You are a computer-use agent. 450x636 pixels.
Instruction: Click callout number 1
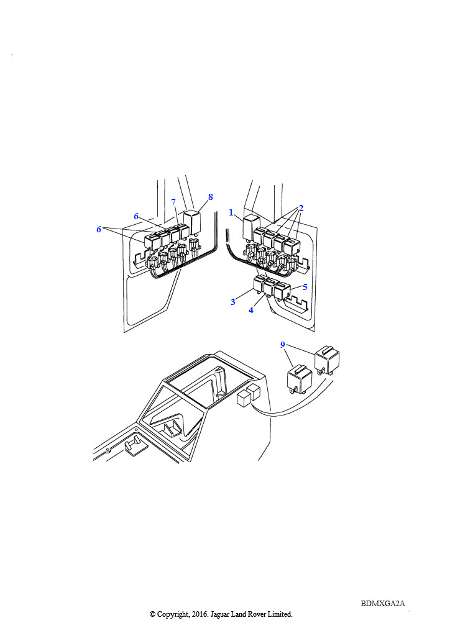(231, 212)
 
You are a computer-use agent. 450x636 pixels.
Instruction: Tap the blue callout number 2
(301, 208)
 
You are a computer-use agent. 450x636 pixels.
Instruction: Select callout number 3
(233, 302)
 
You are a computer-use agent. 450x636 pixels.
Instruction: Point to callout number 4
(251, 310)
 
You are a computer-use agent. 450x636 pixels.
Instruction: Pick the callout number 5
(305, 287)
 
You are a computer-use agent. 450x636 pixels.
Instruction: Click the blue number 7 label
(173, 202)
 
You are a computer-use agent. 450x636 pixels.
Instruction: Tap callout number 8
(210, 197)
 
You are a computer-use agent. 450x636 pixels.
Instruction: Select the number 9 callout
(282, 345)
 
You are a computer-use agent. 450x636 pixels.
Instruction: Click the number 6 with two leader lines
(99, 229)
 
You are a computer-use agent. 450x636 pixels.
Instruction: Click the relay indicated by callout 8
(192, 222)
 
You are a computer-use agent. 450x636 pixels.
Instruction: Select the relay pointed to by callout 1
(250, 228)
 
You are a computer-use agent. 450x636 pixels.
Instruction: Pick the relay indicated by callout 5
(282, 291)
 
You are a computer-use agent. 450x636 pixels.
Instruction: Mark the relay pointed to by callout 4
(270, 287)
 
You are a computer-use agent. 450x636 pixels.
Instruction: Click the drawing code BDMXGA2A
(383, 604)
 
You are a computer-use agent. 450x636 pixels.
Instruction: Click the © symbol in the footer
(152, 614)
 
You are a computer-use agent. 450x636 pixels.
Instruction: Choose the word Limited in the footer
(280, 614)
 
